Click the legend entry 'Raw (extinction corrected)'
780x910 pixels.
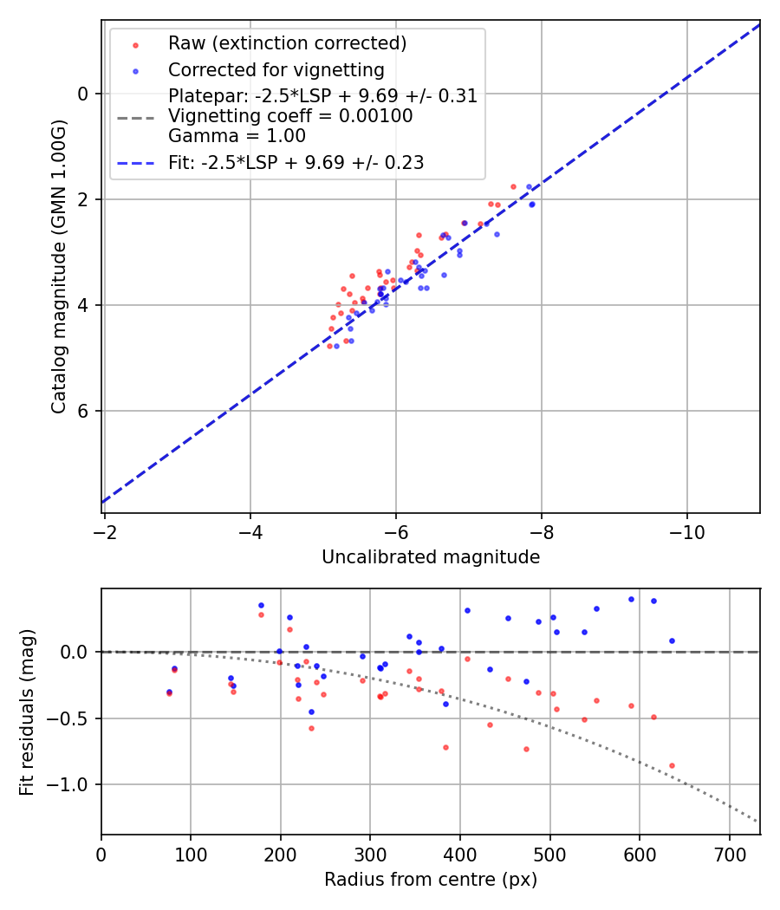click(x=287, y=43)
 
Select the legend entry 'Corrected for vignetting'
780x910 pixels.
click(x=276, y=70)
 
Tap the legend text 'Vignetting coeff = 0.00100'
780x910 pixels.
click(x=290, y=116)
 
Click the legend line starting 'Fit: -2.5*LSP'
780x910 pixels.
click(x=296, y=163)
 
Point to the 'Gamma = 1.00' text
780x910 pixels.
click(x=237, y=136)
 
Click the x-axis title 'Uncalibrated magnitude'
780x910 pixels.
click(x=431, y=557)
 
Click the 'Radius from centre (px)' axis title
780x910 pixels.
click(x=431, y=880)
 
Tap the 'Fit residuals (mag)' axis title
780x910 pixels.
click(x=27, y=712)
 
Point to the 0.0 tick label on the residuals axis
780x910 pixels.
click(x=79, y=652)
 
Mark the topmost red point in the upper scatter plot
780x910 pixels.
click(x=513, y=186)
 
